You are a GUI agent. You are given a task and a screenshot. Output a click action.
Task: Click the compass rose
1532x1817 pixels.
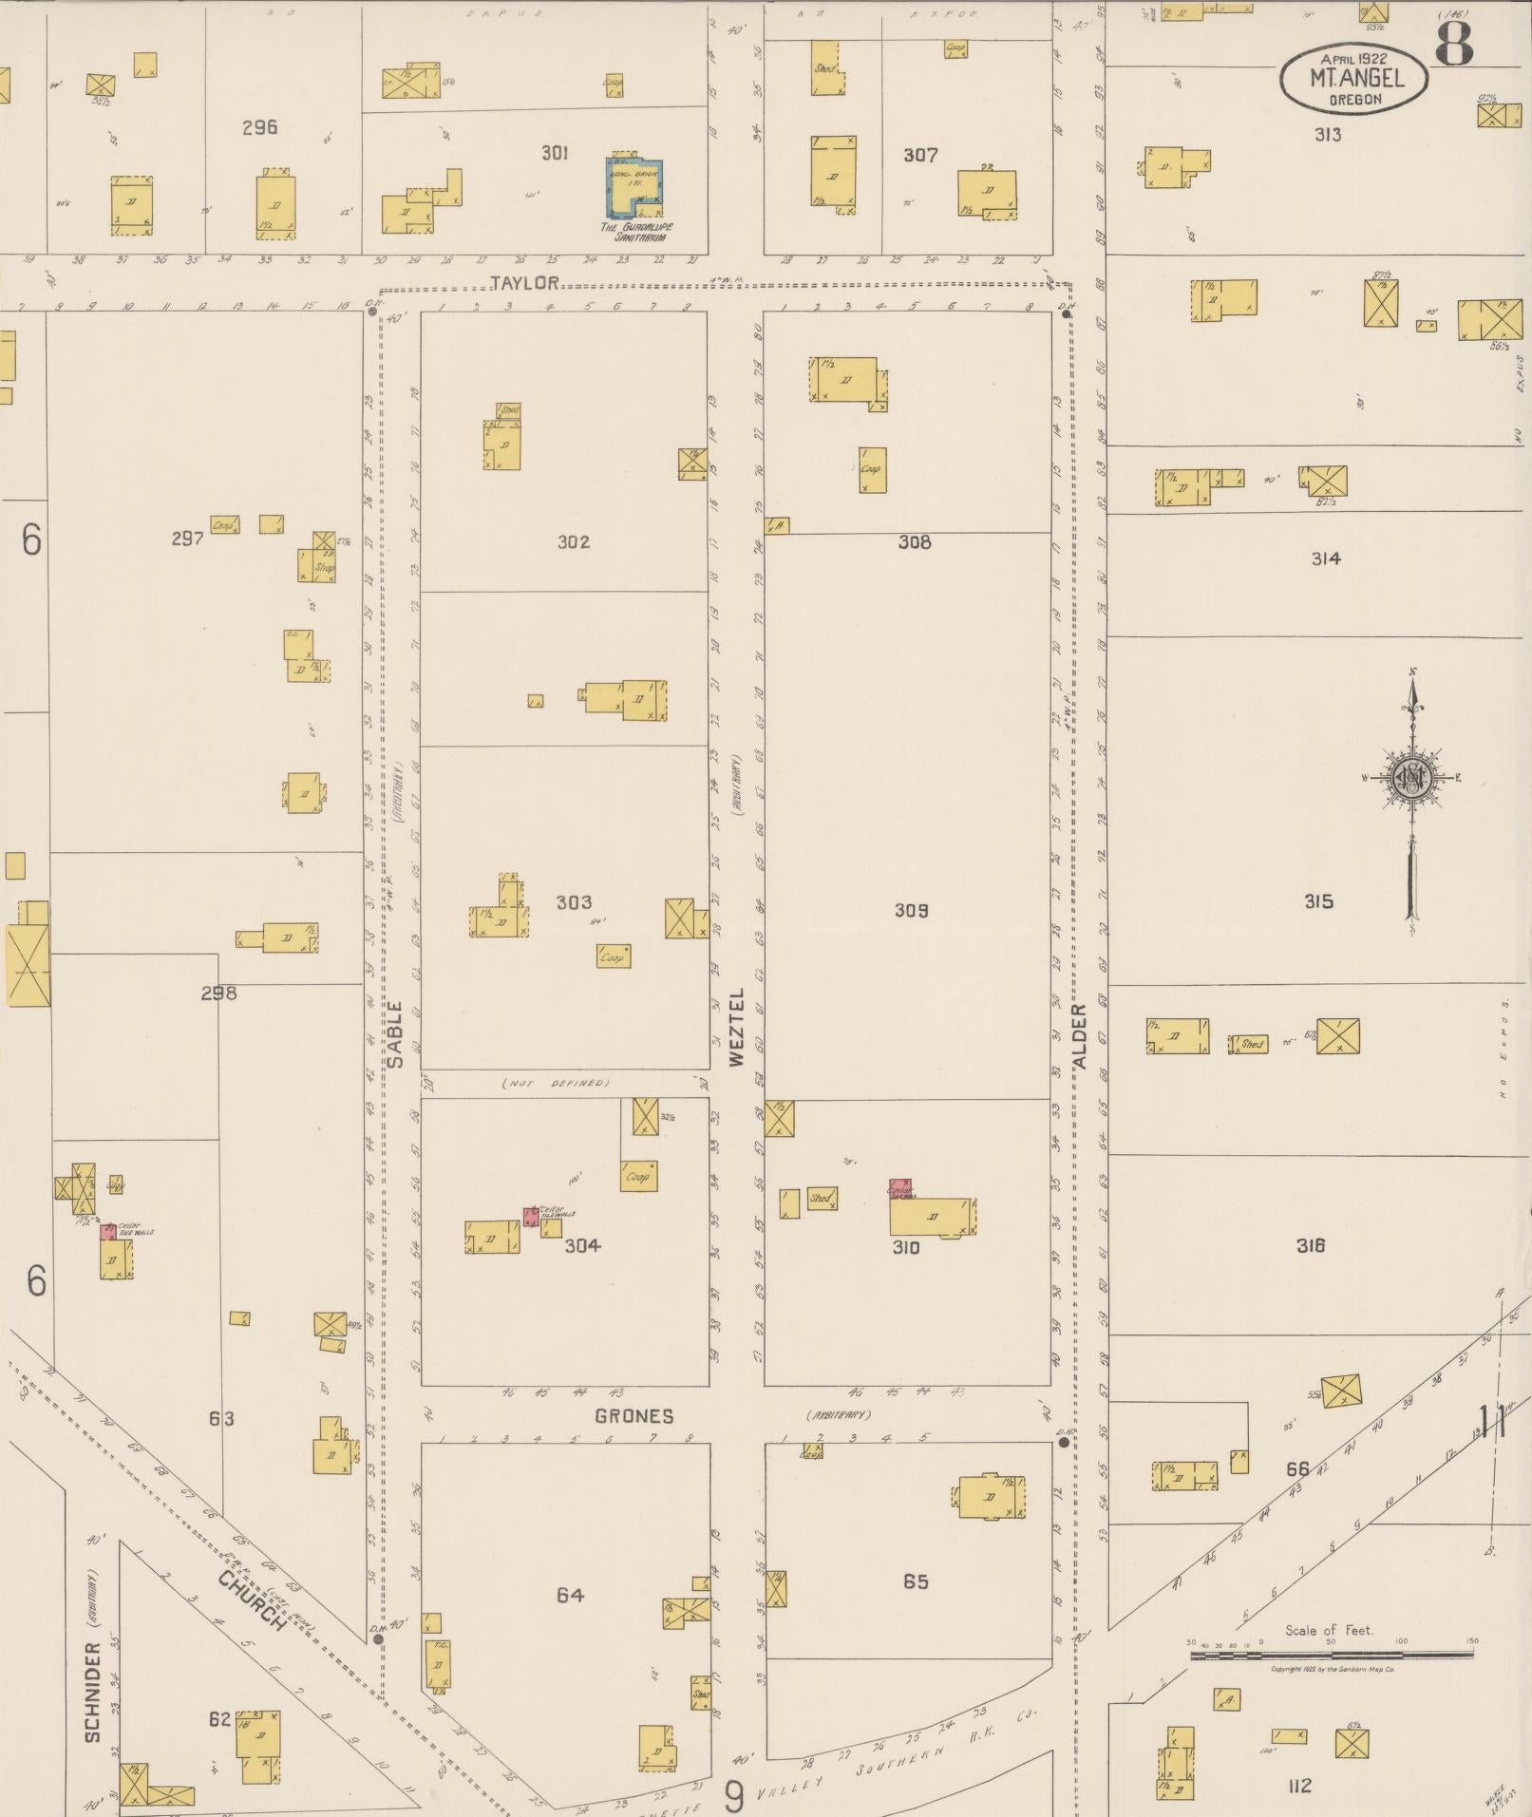coord(1411,779)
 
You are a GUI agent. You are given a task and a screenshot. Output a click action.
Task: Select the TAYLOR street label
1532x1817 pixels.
coord(524,283)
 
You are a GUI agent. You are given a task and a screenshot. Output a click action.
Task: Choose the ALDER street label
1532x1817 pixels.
coord(1080,1036)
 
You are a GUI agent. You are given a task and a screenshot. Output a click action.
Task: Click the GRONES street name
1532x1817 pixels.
coord(634,1416)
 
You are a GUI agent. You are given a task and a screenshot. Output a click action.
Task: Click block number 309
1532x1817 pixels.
coord(911,911)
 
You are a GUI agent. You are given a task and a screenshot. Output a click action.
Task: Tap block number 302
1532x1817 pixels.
coord(574,542)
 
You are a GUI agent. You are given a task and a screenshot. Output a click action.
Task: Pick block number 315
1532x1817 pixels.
coord(1318,901)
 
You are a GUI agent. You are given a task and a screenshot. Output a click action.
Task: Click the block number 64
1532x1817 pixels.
coord(570,1595)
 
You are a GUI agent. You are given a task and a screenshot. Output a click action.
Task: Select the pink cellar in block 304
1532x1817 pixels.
coord(530,1216)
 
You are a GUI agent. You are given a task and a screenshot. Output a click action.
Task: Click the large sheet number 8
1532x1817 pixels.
coord(1453,43)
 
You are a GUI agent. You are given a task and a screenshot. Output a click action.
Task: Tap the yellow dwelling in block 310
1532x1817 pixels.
coord(932,1217)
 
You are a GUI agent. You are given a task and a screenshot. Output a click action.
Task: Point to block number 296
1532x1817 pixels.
coord(258,127)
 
